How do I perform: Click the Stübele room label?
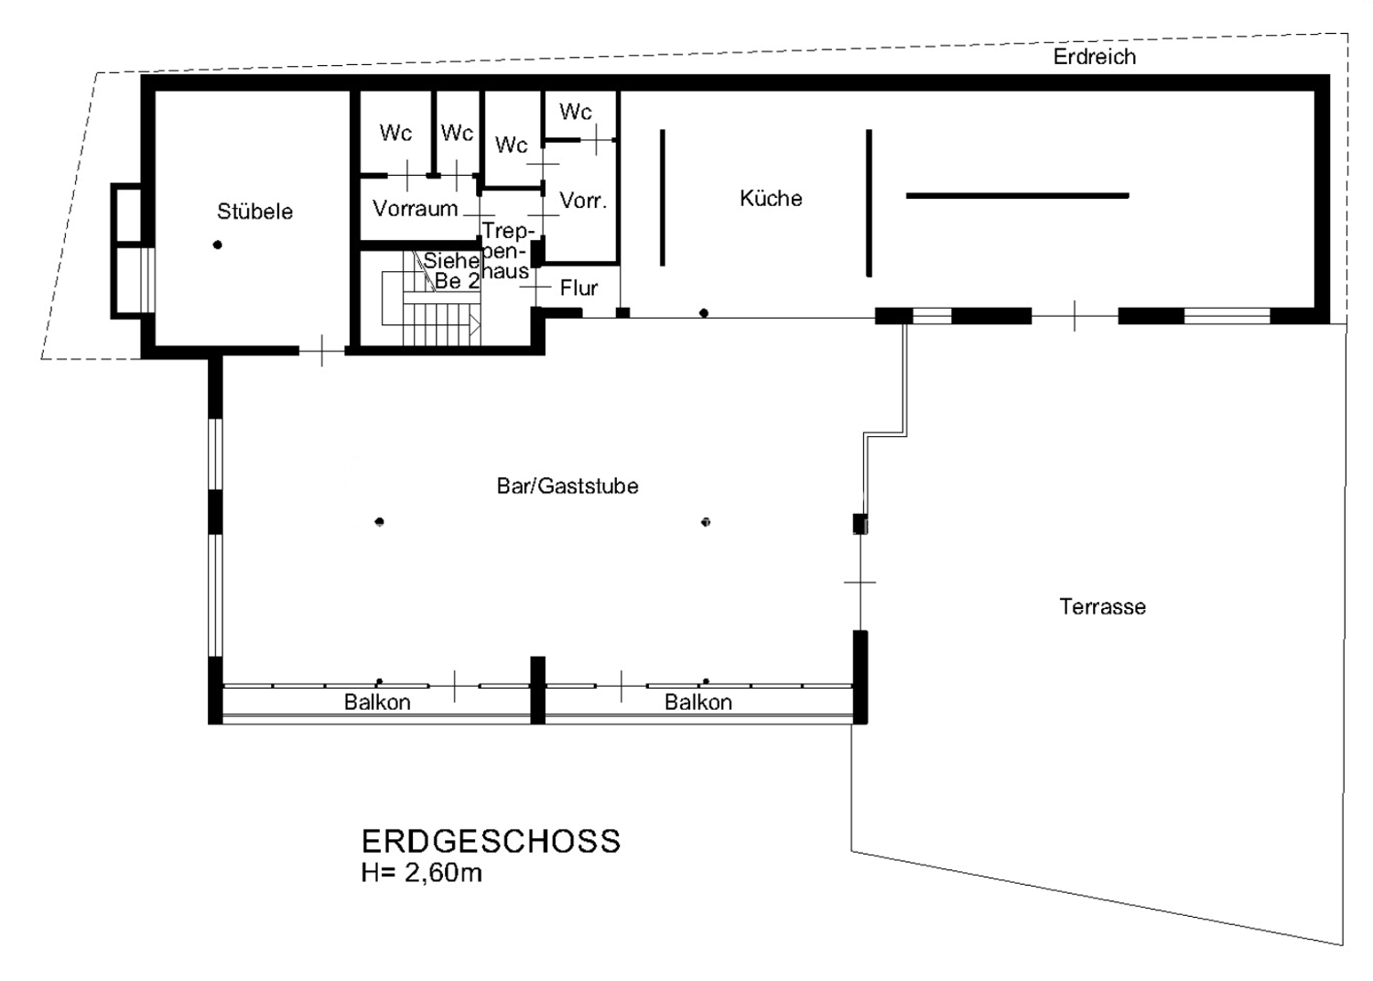coord(255,212)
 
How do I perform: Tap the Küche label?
coord(771,198)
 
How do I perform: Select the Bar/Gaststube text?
coord(568,485)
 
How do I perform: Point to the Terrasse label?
coord(1103,606)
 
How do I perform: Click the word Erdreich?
coord(1095,57)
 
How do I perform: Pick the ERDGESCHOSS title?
coord(491,842)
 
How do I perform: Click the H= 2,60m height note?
coord(422,873)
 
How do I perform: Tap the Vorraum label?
coord(416,209)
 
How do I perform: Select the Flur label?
coord(578,288)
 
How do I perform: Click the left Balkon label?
coord(377,702)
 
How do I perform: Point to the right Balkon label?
coord(698,702)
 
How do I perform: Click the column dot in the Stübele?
coord(218,245)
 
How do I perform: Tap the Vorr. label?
coord(584,200)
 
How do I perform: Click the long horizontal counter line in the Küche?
coord(1018,196)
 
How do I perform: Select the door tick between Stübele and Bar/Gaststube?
coord(322,351)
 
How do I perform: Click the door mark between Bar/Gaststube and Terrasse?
coord(860,582)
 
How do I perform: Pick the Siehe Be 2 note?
coord(452,270)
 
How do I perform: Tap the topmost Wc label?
coord(576,112)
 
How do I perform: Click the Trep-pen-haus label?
coord(505,251)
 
